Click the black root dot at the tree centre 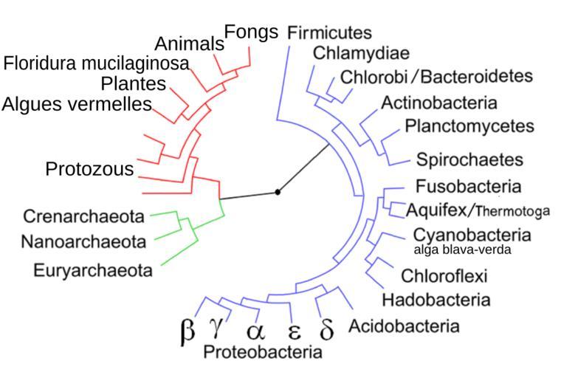point(278,192)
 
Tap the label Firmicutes point(329,32)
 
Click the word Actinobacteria point(439,102)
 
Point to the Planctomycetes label point(469,126)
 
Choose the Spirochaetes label point(469,159)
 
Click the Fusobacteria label point(468,186)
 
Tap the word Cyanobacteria point(472,235)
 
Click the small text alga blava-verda point(461,250)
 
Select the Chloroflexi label point(444,276)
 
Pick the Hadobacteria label point(436,300)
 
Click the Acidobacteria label point(403,326)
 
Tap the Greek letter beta point(187,330)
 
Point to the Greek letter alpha point(254,329)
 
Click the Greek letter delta point(326,329)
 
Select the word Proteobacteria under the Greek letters point(262,351)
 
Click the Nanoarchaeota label point(83,241)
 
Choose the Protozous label point(89,169)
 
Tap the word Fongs point(251,32)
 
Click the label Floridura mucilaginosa point(96,63)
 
